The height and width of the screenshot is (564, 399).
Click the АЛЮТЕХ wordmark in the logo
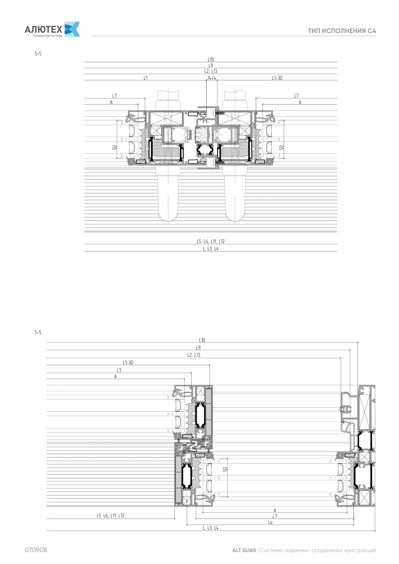pyautogui.click(x=43, y=29)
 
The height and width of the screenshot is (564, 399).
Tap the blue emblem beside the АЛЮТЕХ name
pyautogui.click(x=72, y=29)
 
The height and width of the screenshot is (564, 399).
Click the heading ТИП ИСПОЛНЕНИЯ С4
pyautogui.click(x=342, y=31)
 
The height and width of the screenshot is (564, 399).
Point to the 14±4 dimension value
pyautogui.click(x=212, y=78)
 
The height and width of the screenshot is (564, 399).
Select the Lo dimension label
pyautogui.click(x=270, y=523)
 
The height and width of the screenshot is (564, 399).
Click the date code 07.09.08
pyautogui.click(x=36, y=550)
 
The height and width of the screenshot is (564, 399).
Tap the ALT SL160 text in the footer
pyautogui.click(x=244, y=550)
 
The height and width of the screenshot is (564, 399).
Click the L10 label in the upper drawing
pyautogui.click(x=211, y=60)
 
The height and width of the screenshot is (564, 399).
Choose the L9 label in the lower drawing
pyautogui.click(x=198, y=348)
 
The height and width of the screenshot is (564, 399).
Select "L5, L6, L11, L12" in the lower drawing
pyautogui.click(x=111, y=516)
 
